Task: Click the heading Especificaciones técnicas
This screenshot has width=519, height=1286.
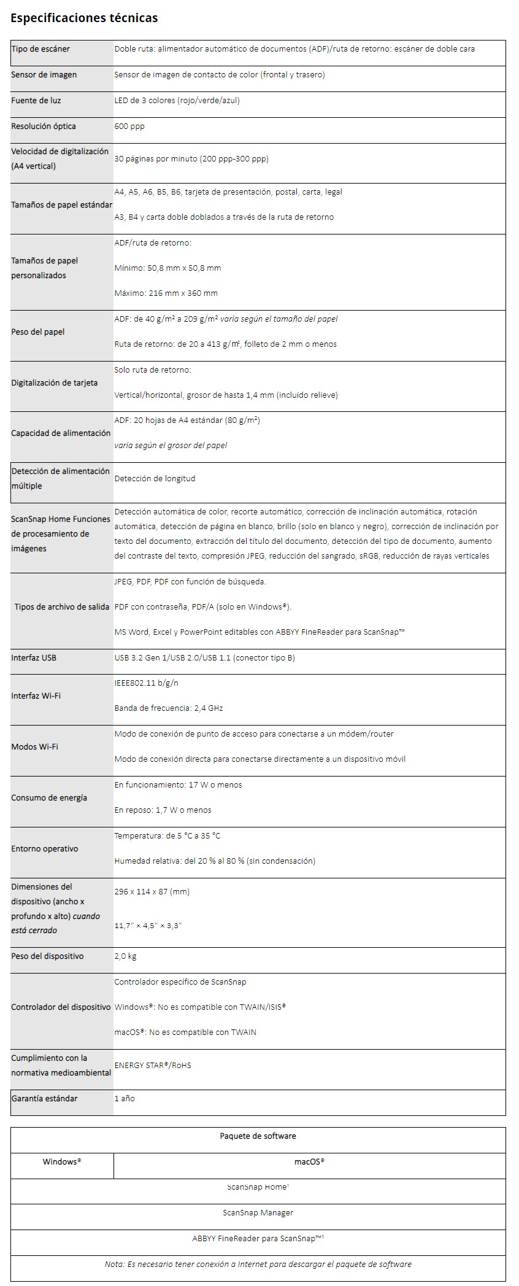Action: pos(84,18)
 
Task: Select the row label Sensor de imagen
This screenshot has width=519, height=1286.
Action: pos(44,75)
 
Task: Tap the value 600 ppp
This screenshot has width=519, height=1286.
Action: pos(129,126)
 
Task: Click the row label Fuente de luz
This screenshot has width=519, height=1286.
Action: pos(36,101)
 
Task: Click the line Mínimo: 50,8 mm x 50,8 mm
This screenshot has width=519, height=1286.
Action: pos(167,268)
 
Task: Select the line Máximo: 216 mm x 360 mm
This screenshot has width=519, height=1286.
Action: pos(166,293)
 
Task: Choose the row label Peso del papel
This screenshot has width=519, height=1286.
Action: pos(38,332)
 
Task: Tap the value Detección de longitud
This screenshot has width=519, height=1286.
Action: pos(155,479)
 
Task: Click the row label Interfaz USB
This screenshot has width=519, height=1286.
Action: pos(34,658)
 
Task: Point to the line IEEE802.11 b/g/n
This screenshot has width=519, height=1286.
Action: pos(147,683)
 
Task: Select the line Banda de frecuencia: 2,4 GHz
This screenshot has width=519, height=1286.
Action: pos(169,708)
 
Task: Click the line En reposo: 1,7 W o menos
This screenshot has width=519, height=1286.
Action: pos(163,810)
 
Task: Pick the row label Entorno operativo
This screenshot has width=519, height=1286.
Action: pos(45,849)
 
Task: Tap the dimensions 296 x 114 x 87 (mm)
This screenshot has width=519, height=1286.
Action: pos(152,892)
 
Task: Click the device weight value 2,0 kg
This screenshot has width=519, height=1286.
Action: pos(125,956)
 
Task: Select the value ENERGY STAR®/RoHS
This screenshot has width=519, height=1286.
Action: pos(153,1066)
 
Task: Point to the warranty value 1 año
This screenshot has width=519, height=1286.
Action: pos(125,1099)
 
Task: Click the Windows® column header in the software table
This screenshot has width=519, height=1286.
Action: pos(62,1162)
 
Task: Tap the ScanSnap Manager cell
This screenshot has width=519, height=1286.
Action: pos(258,1213)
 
